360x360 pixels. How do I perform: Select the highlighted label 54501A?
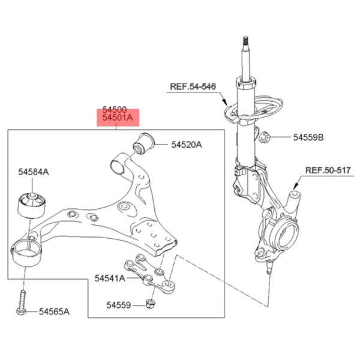click(117, 119)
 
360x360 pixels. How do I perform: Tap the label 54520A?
click(187, 145)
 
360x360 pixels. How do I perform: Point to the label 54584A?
click(34, 172)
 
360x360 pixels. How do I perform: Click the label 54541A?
click(110, 278)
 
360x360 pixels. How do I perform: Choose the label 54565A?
click(55, 311)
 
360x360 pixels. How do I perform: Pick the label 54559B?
click(308, 137)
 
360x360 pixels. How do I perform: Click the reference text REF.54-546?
click(192, 86)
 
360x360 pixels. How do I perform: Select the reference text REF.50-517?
click(328, 170)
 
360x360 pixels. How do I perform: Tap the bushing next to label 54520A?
click(143, 142)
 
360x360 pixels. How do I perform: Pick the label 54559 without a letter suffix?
click(118, 305)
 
